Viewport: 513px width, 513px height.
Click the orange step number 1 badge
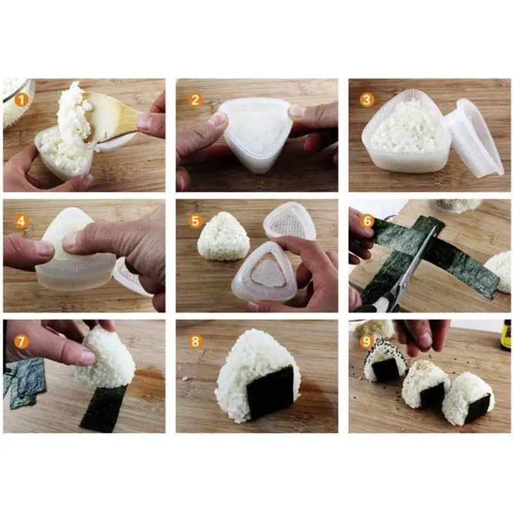coord(22,100)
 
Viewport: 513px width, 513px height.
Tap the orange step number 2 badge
coord(196,100)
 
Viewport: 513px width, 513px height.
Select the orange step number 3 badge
coord(367,100)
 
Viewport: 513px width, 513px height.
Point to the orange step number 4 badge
coord(22,221)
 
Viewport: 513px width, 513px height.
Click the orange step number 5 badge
coord(196,221)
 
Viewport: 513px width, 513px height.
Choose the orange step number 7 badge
coord(22,342)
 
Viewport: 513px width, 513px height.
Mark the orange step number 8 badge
coord(196,342)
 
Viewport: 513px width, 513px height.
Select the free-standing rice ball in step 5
coord(223,237)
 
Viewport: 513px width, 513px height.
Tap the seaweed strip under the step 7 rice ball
coord(103,407)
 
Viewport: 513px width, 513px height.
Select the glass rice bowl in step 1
coord(17,103)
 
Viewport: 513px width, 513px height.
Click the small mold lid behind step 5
coord(289,221)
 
